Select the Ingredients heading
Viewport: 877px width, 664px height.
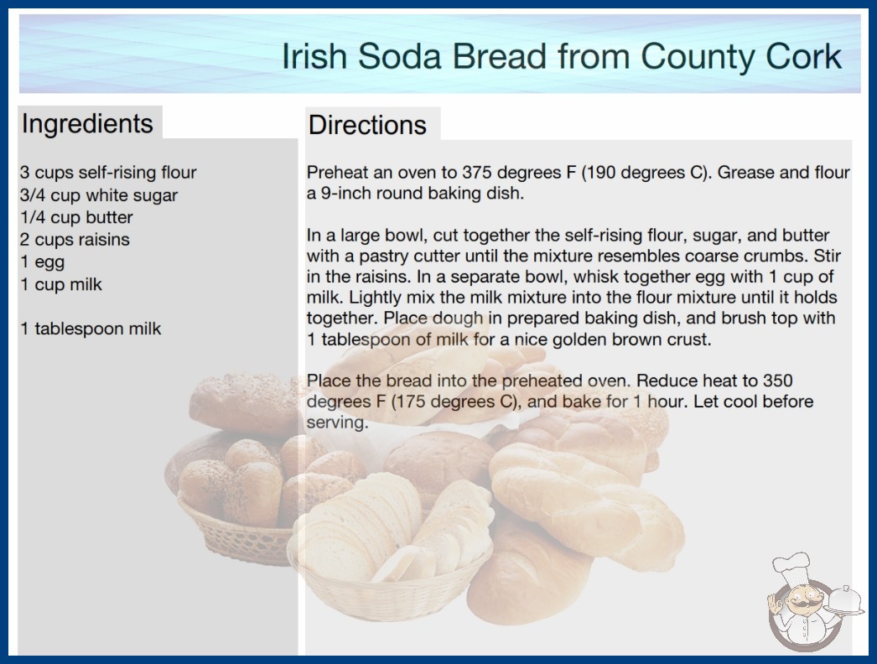coord(87,124)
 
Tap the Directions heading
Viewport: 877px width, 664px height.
coord(367,125)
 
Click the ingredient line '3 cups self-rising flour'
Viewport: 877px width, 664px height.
coord(108,173)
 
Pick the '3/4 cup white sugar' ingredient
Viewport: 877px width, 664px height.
coord(99,195)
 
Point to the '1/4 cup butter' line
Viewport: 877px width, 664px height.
coord(76,217)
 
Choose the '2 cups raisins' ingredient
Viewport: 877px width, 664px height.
coord(75,240)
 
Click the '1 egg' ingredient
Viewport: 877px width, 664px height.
coord(43,262)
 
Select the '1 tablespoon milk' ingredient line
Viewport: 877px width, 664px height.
coord(91,329)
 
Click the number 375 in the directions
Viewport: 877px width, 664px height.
coord(477,173)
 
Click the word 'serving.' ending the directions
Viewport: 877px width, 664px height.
coord(337,423)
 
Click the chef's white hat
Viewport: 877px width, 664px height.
coord(791,568)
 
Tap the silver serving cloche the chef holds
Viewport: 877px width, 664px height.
coord(845,600)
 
